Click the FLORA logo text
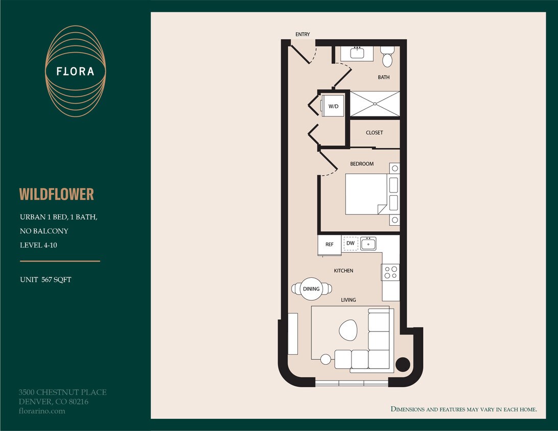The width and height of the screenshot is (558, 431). pos(75,71)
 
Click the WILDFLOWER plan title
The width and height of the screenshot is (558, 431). pos(57,194)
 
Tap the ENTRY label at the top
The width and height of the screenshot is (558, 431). pos(303,34)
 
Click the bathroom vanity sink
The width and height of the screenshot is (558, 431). pos(357,53)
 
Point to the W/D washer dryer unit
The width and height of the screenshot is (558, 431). pos(333,106)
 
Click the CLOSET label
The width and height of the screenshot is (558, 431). pos(374,133)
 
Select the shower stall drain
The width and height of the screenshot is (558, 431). pos(375,104)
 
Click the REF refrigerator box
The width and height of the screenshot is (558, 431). pos(330,245)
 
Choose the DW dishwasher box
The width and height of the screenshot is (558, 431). pos(351,244)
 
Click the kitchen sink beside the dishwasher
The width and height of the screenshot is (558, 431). pos(368,244)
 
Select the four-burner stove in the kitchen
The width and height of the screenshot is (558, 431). pos(391,272)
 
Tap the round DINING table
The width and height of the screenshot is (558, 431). pos(311,289)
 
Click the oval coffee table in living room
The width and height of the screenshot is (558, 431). pos(348,330)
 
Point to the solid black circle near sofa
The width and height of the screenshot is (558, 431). pos(403,364)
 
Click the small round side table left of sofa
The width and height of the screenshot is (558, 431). pos(325,359)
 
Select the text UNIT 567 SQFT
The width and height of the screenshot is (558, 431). pos(45,280)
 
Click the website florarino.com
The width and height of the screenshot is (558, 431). pos(41,411)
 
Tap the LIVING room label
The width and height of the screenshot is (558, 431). pos(348,300)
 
